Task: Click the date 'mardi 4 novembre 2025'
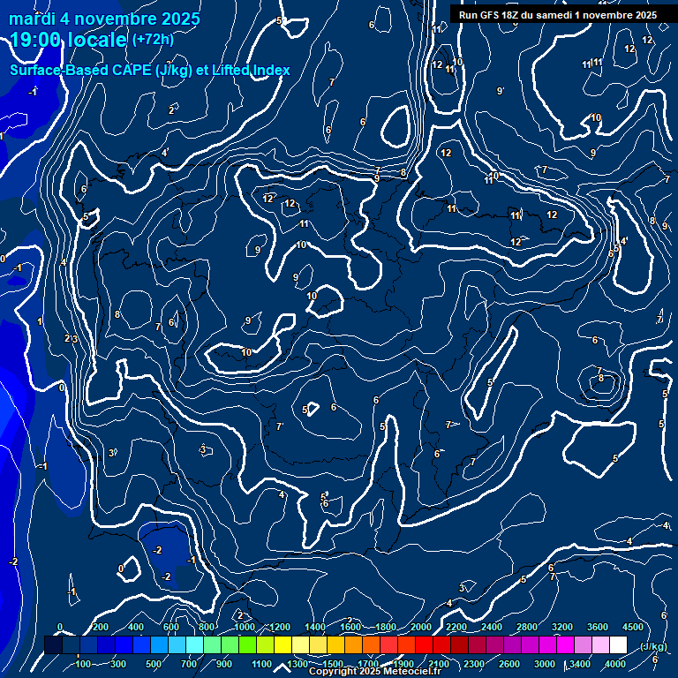[105, 19]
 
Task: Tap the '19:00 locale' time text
[69, 40]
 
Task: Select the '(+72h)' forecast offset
[153, 39]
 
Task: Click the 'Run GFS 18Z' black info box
[557, 14]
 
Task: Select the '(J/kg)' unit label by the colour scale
[652, 646]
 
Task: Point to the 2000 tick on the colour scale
[420, 627]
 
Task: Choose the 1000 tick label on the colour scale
[245, 627]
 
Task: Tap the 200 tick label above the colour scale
[101, 627]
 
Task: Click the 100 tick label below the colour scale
[84, 664]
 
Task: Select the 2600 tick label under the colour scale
[509, 664]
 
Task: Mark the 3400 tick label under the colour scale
[580, 664]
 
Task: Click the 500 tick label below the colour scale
[154, 664]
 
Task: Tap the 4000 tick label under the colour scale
[615, 664]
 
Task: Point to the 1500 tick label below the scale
[332, 664]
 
